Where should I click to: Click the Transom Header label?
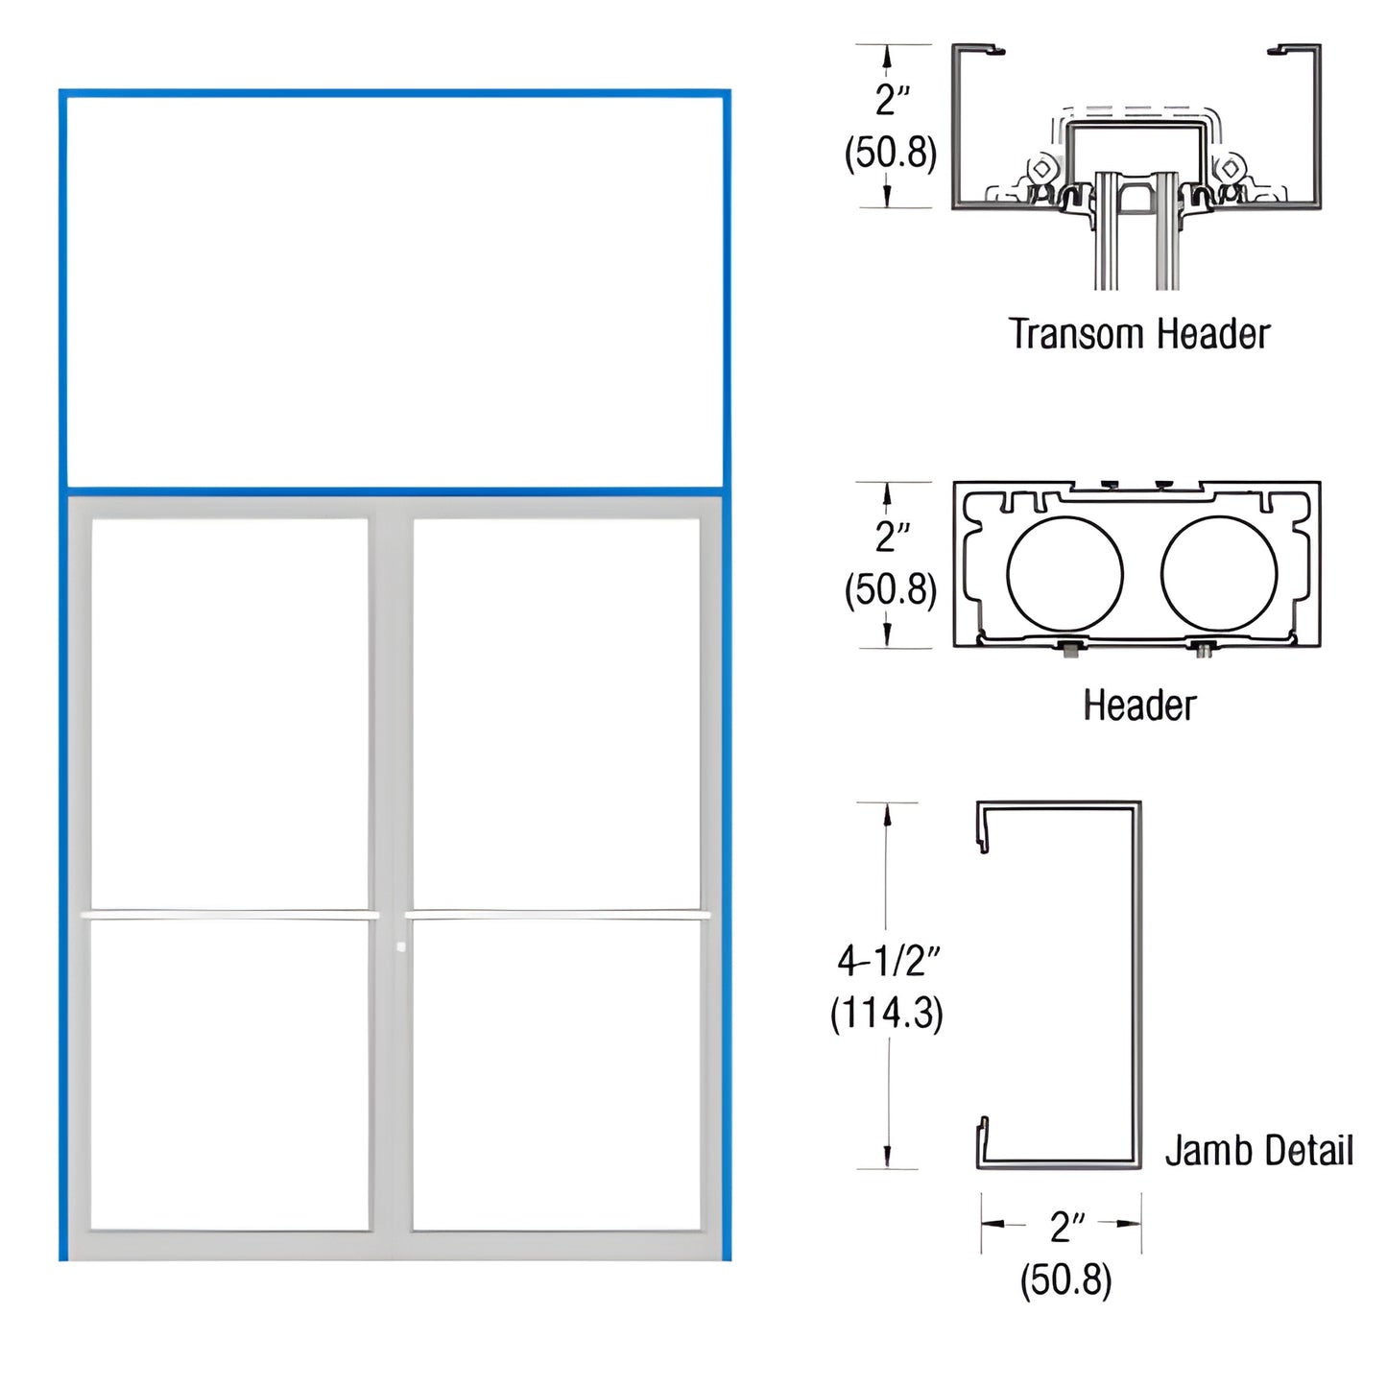(x=1138, y=334)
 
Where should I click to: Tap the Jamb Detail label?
(x=1258, y=1150)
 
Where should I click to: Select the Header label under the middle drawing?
(x=1139, y=705)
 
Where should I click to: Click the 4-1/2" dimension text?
(x=888, y=959)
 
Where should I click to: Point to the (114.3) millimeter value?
(x=887, y=1013)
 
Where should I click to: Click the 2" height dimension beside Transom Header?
(x=892, y=99)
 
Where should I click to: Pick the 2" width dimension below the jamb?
(x=1066, y=1226)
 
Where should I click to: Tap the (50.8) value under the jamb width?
(x=1065, y=1279)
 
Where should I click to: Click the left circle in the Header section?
(x=1064, y=574)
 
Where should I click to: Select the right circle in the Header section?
(x=1218, y=574)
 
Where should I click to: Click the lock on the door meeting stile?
(x=400, y=947)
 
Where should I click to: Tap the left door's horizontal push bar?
(x=227, y=916)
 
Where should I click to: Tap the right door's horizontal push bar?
(x=557, y=916)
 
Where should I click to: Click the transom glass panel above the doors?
(x=394, y=291)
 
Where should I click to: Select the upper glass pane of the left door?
(x=229, y=712)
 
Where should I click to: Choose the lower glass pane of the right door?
(x=557, y=1075)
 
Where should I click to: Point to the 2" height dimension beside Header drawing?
(x=892, y=536)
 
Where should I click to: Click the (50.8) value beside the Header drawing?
(x=890, y=588)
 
